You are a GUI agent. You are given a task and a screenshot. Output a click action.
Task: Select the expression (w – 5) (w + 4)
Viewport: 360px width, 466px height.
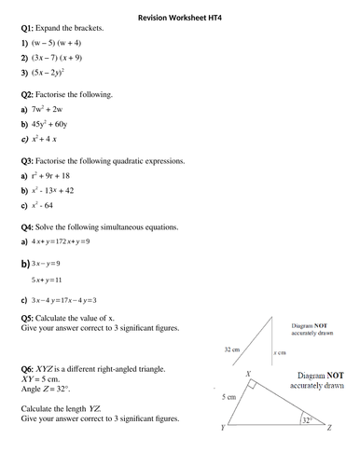coord(62,44)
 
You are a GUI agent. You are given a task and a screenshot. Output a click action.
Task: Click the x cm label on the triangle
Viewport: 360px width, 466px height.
coord(278,354)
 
